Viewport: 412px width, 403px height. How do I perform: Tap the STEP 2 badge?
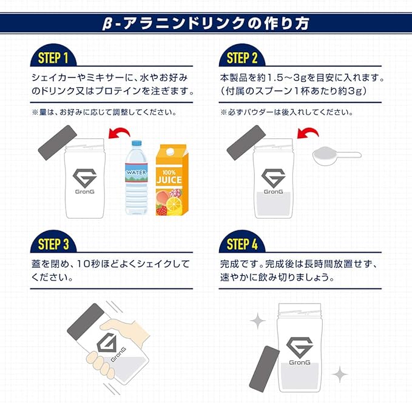242,59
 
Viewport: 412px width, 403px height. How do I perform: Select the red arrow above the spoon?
309,134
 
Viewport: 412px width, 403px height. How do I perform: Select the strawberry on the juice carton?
162,209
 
